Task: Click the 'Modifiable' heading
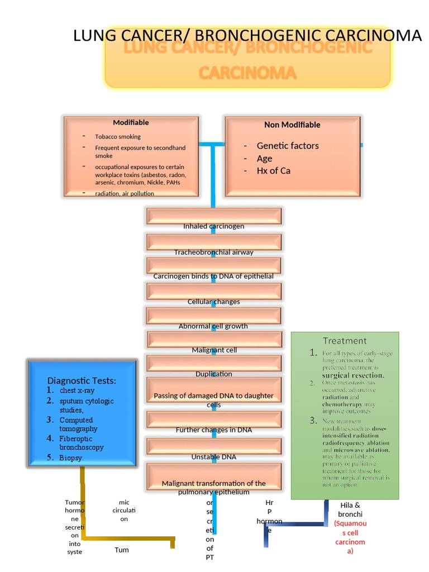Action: pyautogui.click(x=131, y=122)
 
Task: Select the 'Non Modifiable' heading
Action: pyautogui.click(x=292, y=125)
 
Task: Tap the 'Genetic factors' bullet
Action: pyautogui.click(x=288, y=146)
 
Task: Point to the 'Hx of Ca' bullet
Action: pyautogui.click(x=273, y=171)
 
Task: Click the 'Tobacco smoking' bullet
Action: pyautogui.click(x=117, y=137)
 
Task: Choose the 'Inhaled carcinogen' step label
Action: pyautogui.click(x=213, y=226)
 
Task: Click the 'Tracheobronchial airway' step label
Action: pyautogui.click(x=213, y=252)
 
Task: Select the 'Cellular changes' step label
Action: pyautogui.click(x=213, y=302)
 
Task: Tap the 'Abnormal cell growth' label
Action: pyautogui.click(x=213, y=326)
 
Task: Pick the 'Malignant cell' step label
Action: pyautogui.click(x=214, y=350)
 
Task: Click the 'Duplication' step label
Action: pyautogui.click(x=213, y=374)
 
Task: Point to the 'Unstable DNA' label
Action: pyautogui.click(x=213, y=457)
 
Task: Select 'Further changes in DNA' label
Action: pyautogui.click(x=213, y=430)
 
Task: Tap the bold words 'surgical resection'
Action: pyautogui.click(x=345, y=376)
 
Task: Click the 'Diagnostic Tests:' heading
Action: pyautogui.click(x=82, y=380)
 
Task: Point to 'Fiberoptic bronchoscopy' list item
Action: pyautogui.click(x=82, y=443)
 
